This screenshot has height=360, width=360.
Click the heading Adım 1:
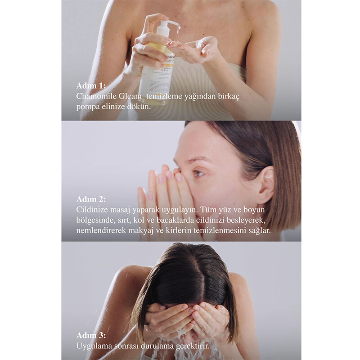click(91, 85)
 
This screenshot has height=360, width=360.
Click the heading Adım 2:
click(91, 199)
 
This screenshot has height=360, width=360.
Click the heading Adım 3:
click(91, 335)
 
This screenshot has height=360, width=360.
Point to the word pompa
click(88, 107)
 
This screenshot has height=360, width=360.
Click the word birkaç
click(229, 97)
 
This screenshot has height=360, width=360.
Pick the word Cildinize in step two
click(92, 210)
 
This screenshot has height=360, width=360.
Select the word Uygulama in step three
click(94, 346)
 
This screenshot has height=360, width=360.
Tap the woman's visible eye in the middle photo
click(198, 173)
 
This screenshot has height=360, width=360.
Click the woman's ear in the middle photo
click(266, 185)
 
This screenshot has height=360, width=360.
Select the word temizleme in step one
click(164, 96)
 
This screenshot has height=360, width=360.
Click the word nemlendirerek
click(101, 231)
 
